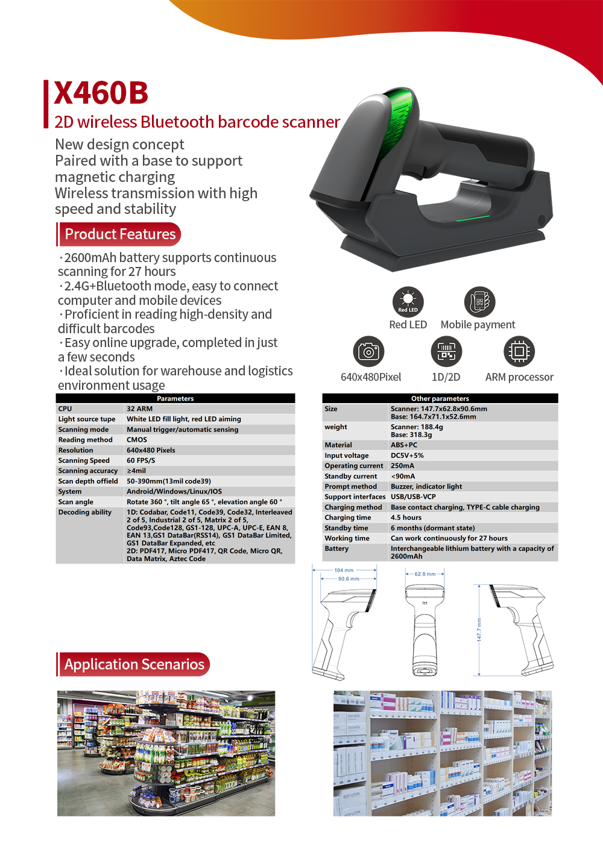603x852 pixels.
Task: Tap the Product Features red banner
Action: click(119, 234)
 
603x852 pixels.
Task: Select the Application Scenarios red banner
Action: click(133, 664)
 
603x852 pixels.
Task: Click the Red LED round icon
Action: click(408, 302)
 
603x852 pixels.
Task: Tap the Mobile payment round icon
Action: click(479, 302)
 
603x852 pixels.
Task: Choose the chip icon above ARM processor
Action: click(519, 351)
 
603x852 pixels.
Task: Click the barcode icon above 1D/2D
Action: click(446, 351)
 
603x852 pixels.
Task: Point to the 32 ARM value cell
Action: click(140, 409)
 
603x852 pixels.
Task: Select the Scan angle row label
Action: click(75, 502)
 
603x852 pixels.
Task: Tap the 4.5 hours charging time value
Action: click(406, 517)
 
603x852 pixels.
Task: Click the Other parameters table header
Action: click(440, 398)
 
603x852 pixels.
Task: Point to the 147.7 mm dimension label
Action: click(479, 630)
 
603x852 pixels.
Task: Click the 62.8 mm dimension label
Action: click(425, 574)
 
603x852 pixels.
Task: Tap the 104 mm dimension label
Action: click(344, 570)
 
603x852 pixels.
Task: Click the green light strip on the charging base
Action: click(473, 218)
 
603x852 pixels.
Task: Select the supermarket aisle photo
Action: click(166, 753)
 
